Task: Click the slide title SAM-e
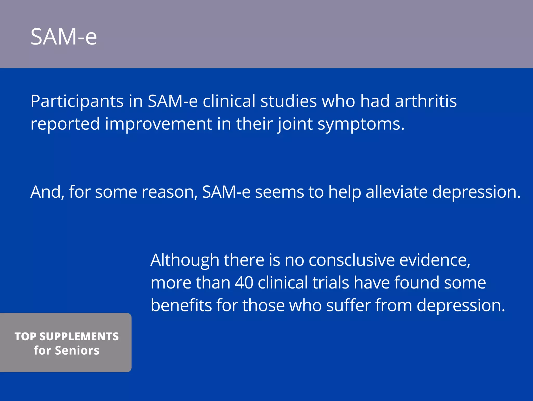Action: (64, 37)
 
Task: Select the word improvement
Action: (158, 124)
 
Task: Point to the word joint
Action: (295, 124)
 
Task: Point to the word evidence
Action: (435, 260)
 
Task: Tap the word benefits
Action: (181, 305)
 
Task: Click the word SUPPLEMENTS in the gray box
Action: (79, 336)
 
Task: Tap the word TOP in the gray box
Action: (25, 336)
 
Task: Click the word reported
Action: (65, 124)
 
